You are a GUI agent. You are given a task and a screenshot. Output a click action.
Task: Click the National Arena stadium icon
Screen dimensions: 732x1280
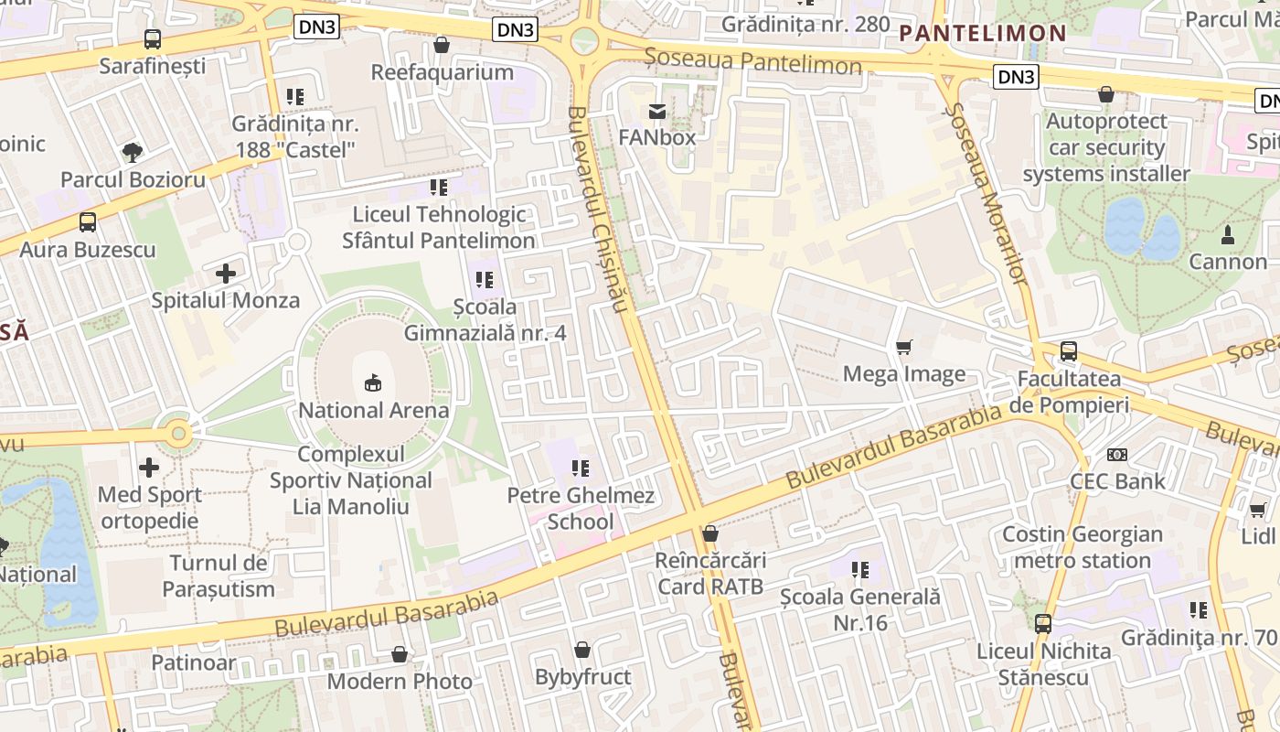tap(373, 382)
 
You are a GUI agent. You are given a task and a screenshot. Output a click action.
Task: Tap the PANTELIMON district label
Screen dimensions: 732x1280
tap(983, 34)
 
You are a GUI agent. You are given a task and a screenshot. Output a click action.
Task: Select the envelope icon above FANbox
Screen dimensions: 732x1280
tap(656, 112)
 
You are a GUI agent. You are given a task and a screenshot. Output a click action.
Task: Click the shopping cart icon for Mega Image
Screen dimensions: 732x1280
tap(904, 347)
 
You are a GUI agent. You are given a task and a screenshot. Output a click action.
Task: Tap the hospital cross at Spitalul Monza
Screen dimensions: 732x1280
tap(226, 273)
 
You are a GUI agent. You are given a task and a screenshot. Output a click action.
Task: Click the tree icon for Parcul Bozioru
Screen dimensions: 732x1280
tap(133, 152)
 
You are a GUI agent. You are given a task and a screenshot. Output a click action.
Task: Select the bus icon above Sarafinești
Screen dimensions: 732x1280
tap(153, 39)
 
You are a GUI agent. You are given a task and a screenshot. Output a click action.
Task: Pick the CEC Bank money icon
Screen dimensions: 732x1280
tap(1116, 455)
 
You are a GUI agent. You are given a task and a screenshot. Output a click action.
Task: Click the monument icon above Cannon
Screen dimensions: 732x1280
tap(1227, 234)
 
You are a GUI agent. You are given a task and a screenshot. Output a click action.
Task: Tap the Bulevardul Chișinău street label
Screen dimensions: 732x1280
tap(595, 210)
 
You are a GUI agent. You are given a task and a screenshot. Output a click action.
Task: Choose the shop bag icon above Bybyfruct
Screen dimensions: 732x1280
tap(582, 650)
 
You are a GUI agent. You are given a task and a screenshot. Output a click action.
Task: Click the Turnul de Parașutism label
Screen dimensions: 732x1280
tap(219, 576)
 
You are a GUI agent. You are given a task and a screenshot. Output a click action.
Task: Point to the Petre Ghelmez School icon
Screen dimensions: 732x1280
tap(581, 468)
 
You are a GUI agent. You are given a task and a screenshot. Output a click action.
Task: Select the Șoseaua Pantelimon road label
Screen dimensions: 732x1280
tap(752, 61)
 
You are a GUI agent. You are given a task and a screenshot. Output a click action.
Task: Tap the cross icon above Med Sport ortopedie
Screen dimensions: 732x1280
tap(149, 468)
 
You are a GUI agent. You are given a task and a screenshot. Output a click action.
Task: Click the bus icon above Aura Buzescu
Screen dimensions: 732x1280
tap(88, 221)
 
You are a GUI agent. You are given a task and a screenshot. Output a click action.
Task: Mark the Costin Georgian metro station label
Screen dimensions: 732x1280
tap(1083, 547)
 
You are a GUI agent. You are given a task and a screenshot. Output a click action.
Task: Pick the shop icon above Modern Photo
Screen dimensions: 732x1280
tap(400, 654)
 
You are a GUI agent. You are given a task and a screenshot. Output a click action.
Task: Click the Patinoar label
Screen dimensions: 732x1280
tap(194, 662)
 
